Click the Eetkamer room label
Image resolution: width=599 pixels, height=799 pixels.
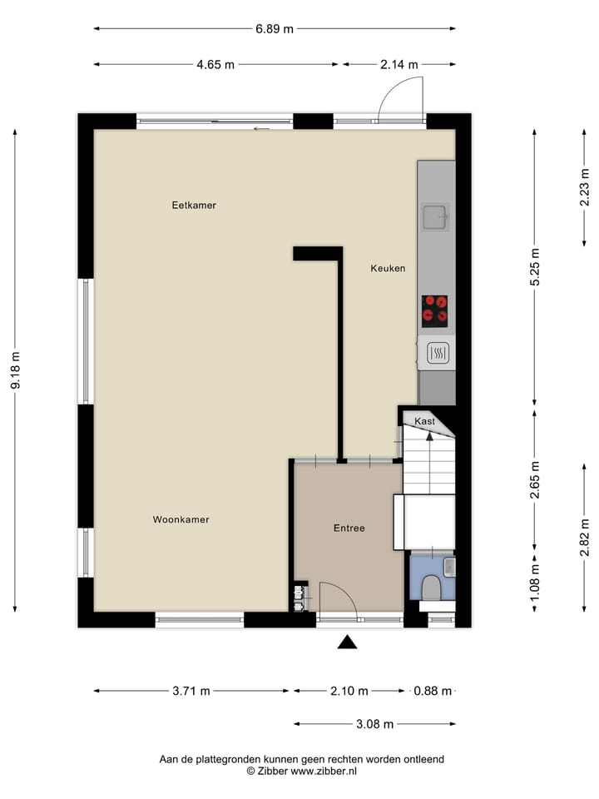[194, 205]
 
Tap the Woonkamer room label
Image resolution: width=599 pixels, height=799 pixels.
[181, 519]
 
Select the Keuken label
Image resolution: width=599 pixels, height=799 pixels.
[388, 268]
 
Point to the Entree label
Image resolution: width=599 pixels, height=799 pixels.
[349, 528]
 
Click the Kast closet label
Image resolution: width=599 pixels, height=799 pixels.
[425, 421]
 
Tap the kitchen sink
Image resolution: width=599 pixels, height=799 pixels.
[435, 217]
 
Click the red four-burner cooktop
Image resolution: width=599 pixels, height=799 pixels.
[434, 310]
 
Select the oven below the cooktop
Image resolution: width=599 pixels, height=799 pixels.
[438, 355]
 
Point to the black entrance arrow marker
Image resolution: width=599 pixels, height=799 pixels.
[347, 642]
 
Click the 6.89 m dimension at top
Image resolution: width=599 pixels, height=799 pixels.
[275, 29]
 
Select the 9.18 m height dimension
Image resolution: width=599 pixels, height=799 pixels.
[15, 370]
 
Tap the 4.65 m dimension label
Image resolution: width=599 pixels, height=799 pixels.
[215, 65]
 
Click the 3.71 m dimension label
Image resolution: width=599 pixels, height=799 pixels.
[191, 691]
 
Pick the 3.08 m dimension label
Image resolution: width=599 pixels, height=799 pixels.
[374, 724]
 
